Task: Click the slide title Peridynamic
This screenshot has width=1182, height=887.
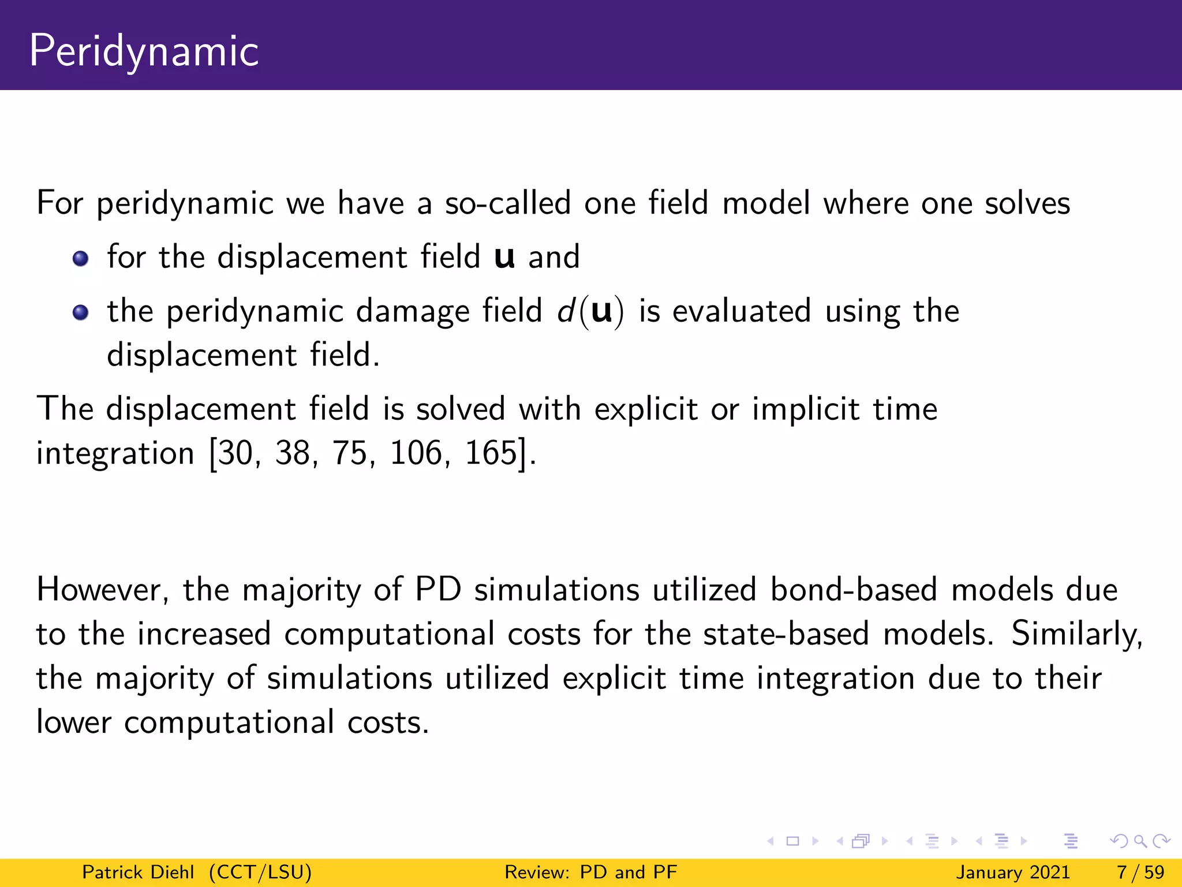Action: tap(144, 51)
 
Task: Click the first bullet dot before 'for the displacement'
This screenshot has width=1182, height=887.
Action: tap(81, 258)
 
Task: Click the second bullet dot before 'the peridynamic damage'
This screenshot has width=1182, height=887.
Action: tap(81, 312)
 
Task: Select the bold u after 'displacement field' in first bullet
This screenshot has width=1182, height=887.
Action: tap(504, 258)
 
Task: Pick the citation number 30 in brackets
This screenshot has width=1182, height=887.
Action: tap(235, 453)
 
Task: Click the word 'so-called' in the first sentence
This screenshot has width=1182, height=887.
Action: tap(507, 203)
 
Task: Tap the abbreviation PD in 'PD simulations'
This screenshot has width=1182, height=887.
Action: tap(439, 590)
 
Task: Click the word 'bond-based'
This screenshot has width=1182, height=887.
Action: tap(854, 590)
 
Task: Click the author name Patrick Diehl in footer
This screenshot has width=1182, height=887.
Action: tap(138, 872)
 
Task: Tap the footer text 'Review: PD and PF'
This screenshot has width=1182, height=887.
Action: tap(590, 872)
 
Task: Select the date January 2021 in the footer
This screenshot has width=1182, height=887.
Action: tap(1013, 872)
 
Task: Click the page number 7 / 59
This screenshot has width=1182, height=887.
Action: tap(1140, 872)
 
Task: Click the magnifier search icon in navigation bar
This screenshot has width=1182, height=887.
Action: tap(1140, 841)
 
